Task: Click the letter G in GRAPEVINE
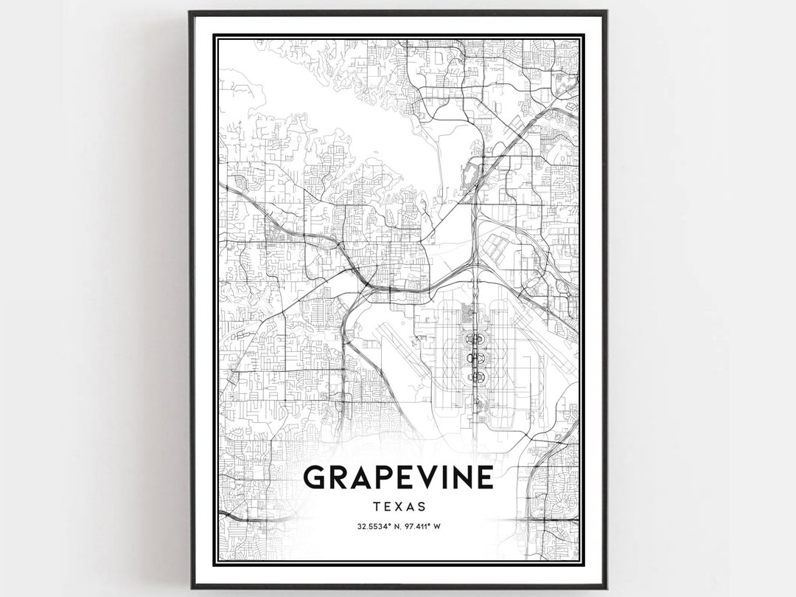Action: tap(316, 477)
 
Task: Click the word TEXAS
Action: tap(399, 506)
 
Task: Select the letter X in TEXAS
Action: tap(399, 506)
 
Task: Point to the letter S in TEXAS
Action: tap(421, 506)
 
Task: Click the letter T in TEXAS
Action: tap(377, 506)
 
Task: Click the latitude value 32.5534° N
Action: tap(376, 527)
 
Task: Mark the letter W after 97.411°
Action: tap(437, 527)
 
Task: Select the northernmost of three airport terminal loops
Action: tap(476, 339)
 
